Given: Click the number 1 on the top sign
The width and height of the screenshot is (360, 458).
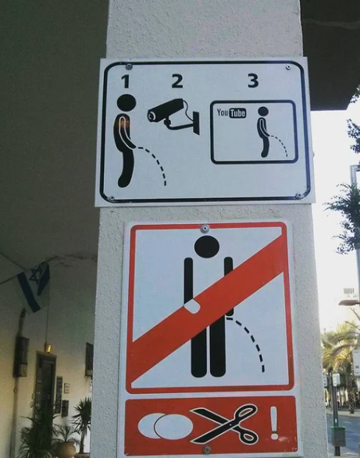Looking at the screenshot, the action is (x=126, y=81).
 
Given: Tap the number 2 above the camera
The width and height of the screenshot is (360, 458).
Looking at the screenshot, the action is (x=177, y=81).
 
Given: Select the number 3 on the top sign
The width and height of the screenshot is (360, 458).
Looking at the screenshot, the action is (x=253, y=80).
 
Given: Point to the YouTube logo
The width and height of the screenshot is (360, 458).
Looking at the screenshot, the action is (x=231, y=113).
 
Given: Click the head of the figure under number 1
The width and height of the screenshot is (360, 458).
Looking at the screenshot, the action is (x=127, y=103).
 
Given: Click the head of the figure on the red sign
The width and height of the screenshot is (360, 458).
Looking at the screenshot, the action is (x=207, y=247).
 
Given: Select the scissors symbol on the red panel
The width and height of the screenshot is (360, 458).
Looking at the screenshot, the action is (x=225, y=424).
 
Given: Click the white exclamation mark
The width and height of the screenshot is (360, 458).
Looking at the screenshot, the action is (x=274, y=423).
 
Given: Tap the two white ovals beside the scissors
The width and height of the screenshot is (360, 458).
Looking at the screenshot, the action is (x=166, y=426).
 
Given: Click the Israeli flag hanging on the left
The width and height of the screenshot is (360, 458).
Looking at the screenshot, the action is (x=34, y=287).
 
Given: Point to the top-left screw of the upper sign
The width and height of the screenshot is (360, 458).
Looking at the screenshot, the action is (x=129, y=67).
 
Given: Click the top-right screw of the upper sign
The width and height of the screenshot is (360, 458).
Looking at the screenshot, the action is (x=288, y=67).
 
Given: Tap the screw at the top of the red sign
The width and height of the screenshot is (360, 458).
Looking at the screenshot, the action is (x=205, y=229).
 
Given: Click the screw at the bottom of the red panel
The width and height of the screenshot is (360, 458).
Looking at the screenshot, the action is (x=207, y=450).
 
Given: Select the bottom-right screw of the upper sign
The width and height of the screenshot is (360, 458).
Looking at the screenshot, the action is (x=298, y=196).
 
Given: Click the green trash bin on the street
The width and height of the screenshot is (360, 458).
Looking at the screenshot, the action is (x=339, y=436).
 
